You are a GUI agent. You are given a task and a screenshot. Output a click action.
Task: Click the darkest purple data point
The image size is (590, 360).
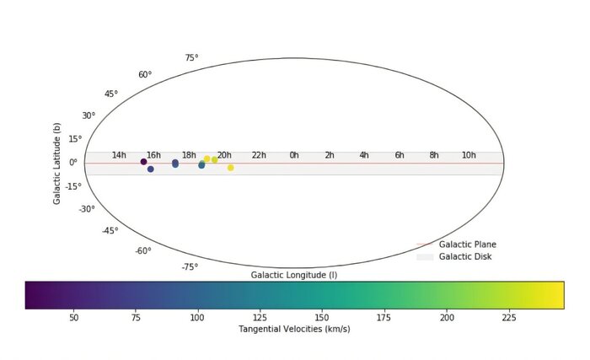(x=144, y=162)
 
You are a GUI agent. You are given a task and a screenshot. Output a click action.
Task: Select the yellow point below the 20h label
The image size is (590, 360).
(x=230, y=168)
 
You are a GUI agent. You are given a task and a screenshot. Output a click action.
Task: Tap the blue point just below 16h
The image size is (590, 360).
(x=151, y=169)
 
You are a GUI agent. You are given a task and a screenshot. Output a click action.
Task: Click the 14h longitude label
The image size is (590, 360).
(x=119, y=155)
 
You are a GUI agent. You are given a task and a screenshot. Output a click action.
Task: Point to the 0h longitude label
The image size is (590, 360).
(x=294, y=155)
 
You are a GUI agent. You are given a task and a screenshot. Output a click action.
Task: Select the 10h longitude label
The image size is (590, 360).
(x=469, y=155)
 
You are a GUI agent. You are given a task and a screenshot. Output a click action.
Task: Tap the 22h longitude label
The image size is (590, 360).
(x=259, y=155)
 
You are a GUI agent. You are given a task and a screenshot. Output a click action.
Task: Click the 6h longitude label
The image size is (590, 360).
(x=400, y=155)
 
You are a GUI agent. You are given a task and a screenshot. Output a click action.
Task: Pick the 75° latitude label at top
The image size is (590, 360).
(x=191, y=58)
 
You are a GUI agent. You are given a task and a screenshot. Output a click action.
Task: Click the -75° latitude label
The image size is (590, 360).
(x=190, y=267)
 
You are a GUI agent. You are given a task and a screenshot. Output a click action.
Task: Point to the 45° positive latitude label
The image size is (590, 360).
(x=111, y=94)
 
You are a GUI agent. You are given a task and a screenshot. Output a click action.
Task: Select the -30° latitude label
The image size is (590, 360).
(x=87, y=209)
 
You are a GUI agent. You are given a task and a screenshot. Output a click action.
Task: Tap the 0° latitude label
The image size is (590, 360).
(x=73, y=163)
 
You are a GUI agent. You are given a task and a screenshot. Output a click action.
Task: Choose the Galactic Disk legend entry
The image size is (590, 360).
(x=464, y=256)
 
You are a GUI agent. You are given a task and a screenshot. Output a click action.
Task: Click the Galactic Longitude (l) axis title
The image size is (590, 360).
(x=294, y=275)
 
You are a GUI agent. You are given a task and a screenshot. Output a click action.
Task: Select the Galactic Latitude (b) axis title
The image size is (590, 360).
(x=57, y=163)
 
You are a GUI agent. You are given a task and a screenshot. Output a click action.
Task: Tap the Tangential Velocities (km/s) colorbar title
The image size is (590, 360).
(x=294, y=329)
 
